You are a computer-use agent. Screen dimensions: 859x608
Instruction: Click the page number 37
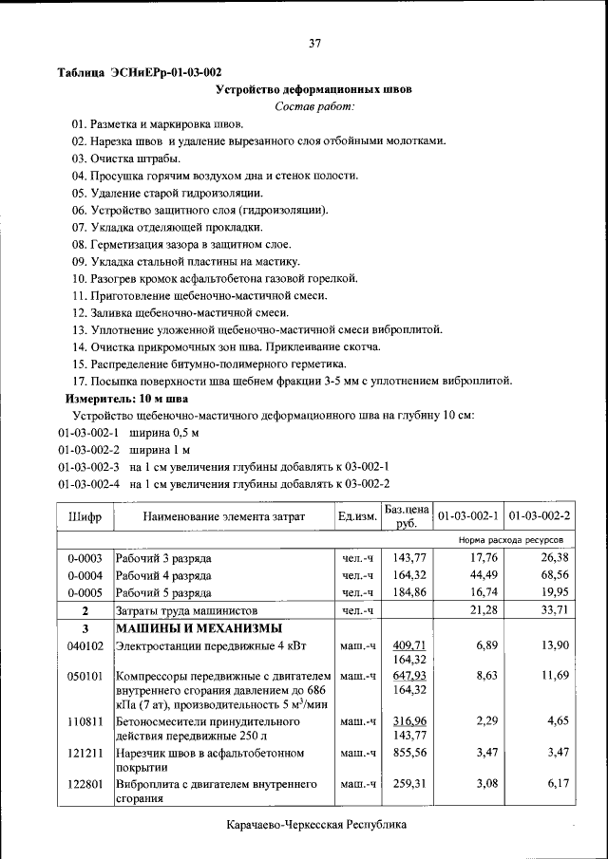314,43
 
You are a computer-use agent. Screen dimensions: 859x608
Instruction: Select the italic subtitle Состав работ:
313,106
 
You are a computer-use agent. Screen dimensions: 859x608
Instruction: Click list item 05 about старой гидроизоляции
167,193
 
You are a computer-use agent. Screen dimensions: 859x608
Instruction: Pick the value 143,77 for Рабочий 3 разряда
407,558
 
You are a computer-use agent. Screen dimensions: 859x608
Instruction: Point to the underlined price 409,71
407,645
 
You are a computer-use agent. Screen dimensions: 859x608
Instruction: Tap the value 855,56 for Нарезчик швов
407,753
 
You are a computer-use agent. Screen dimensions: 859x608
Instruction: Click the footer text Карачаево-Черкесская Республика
317,824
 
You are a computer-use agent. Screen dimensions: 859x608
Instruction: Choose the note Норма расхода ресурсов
516,539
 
